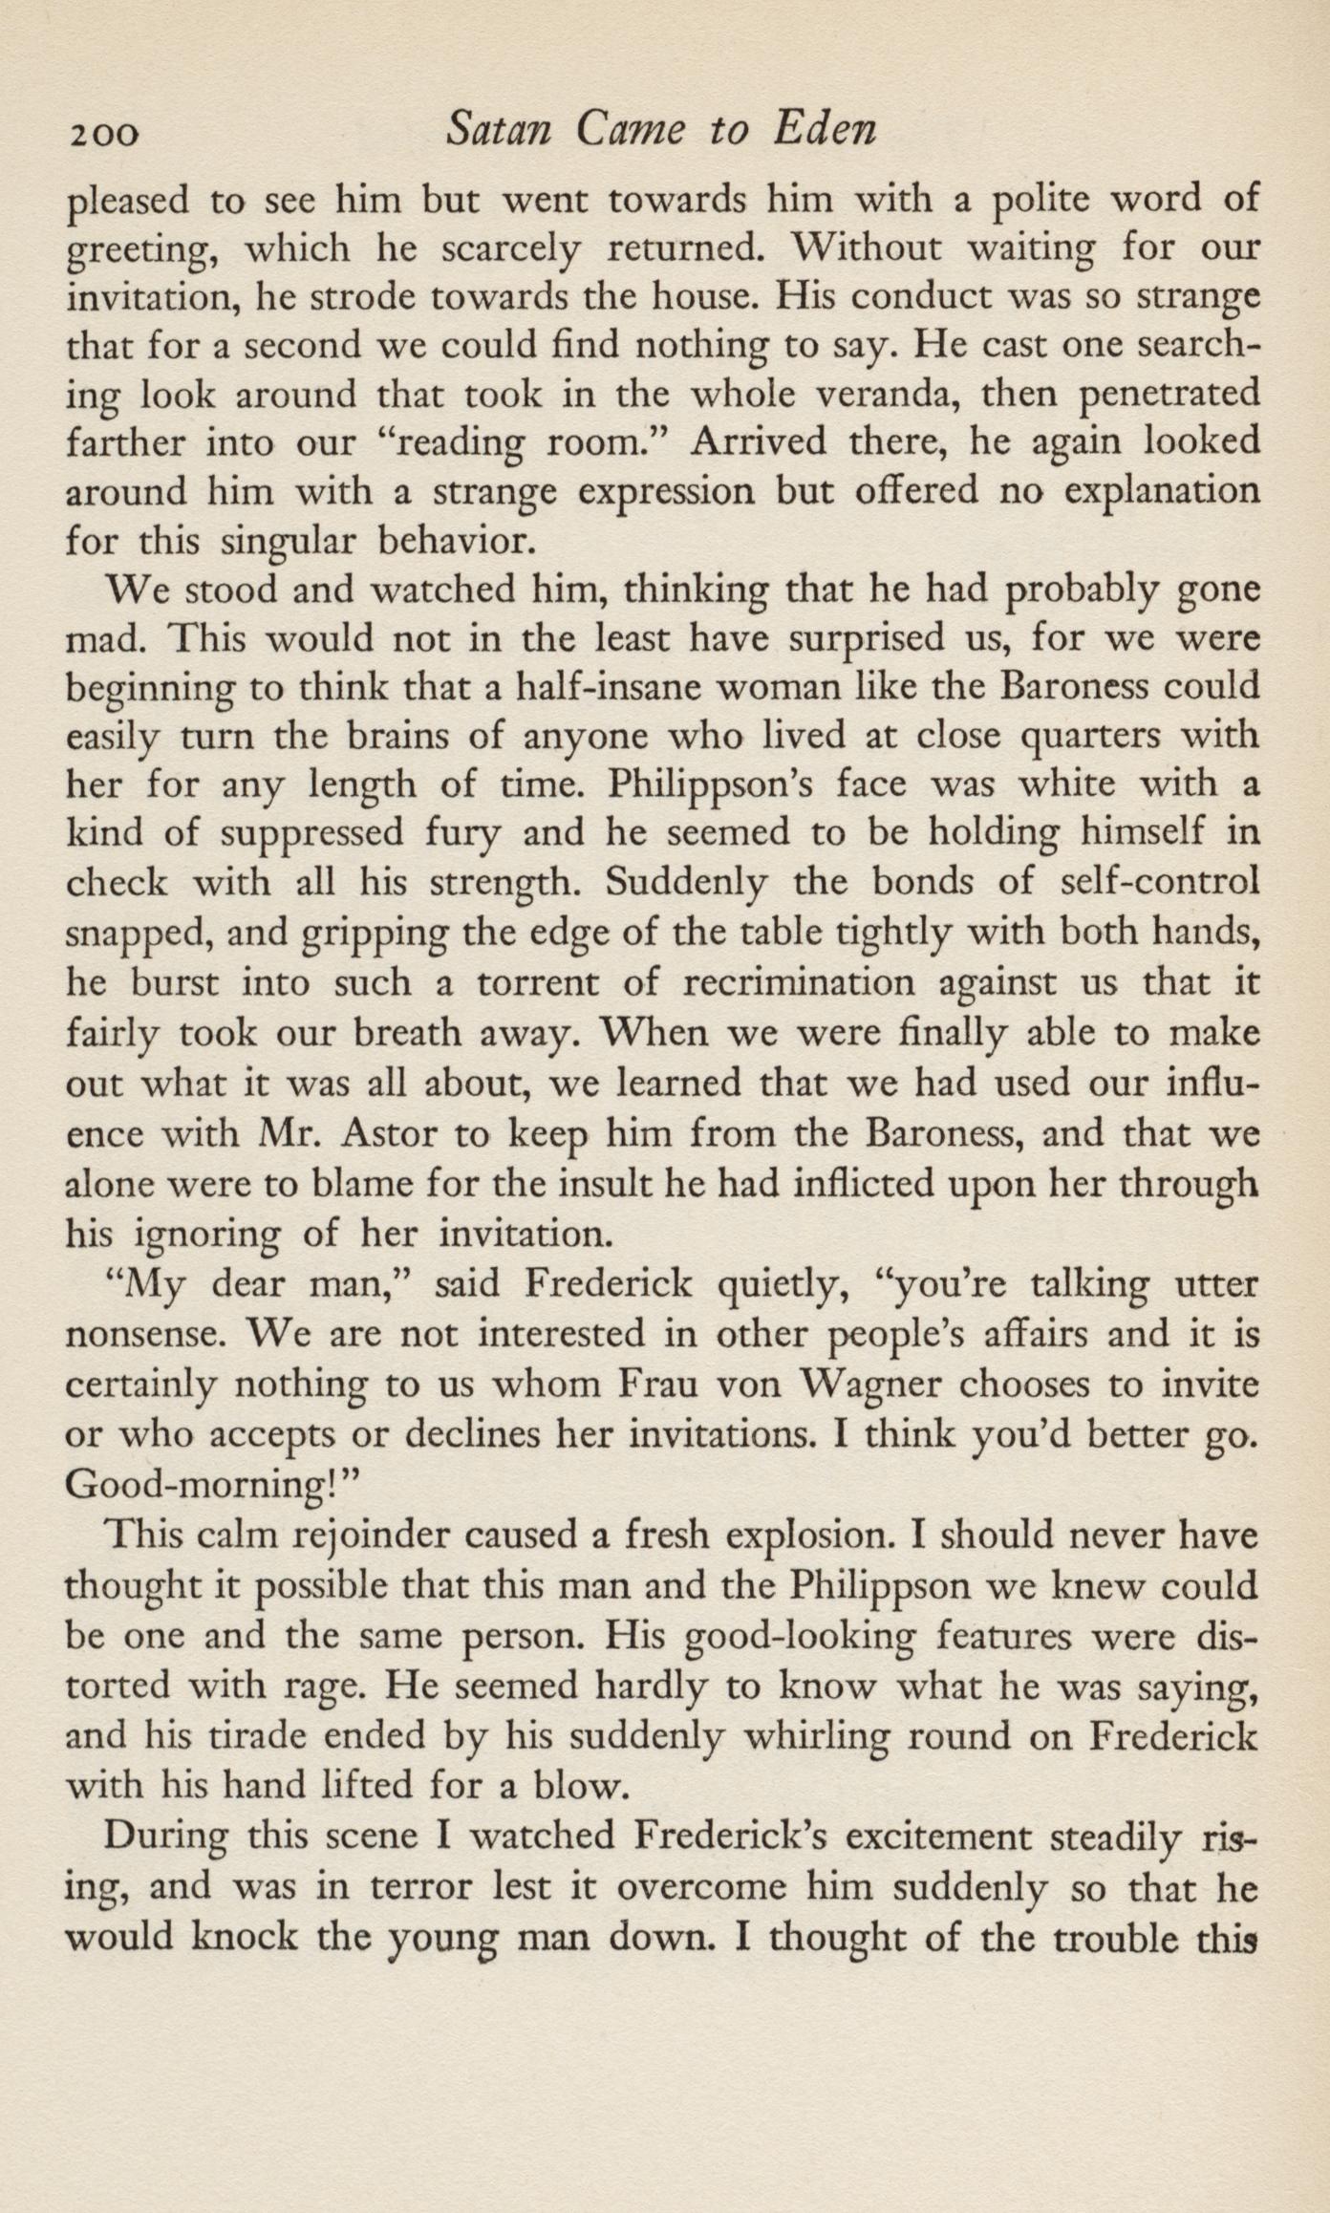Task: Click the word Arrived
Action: point(759,443)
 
